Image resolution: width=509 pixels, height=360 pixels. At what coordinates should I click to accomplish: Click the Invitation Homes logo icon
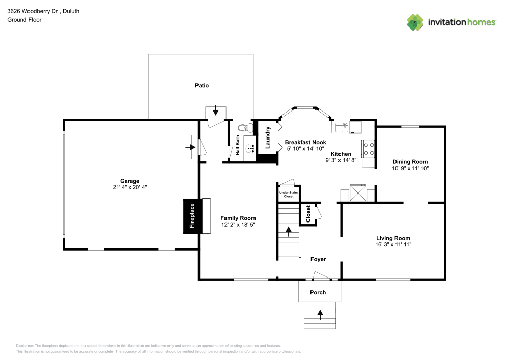[415, 22]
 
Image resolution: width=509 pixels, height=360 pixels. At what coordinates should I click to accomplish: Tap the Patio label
[202, 86]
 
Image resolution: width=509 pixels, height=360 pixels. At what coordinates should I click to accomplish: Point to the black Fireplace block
[192, 216]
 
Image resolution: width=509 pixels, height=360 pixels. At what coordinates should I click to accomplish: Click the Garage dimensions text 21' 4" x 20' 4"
[130, 187]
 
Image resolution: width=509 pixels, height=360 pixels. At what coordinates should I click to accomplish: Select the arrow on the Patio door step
[216, 110]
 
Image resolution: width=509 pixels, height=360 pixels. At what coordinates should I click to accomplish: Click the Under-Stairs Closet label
[289, 194]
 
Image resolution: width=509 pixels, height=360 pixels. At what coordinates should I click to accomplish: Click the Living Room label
[393, 238]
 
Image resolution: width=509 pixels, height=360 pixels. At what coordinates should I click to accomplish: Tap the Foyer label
[318, 259]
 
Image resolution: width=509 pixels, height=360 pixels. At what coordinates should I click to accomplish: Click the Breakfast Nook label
[305, 142]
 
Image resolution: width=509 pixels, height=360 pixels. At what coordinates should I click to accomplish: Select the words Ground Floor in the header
[24, 20]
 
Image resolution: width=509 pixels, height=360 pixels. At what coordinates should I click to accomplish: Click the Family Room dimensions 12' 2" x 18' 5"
[238, 224]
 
